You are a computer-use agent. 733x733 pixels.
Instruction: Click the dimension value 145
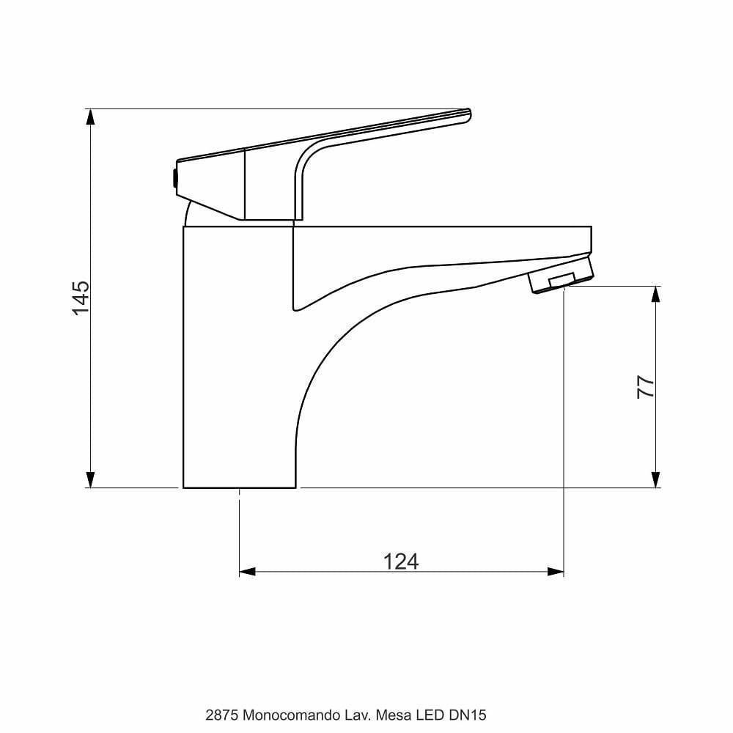pyautogui.click(x=81, y=298)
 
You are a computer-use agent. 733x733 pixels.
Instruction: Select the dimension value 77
pyautogui.click(x=645, y=386)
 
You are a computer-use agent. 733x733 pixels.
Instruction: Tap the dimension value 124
pyautogui.click(x=401, y=561)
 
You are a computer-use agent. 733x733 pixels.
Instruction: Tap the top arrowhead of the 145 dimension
pyautogui.click(x=90, y=117)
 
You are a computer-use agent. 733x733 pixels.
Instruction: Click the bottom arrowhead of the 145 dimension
pyautogui.click(x=90, y=479)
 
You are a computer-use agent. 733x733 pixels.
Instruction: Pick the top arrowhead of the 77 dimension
pyautogui.click(x=655, y=294)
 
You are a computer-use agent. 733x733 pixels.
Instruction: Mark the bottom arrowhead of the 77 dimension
pyautogui.click(x=655, y=479)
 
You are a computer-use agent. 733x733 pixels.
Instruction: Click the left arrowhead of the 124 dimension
pyautogui.click(x=248, y=572)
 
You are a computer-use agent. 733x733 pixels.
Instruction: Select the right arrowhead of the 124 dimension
pyautogui.click(x=556, y=572)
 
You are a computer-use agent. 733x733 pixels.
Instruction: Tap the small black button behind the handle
pyautogui.click(x=173, y=179)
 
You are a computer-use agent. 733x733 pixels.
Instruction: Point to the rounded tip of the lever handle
pyautogui.click(x=466, y=115)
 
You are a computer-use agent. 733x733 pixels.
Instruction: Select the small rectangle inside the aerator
pyautogui.click(x=561, y=280)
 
